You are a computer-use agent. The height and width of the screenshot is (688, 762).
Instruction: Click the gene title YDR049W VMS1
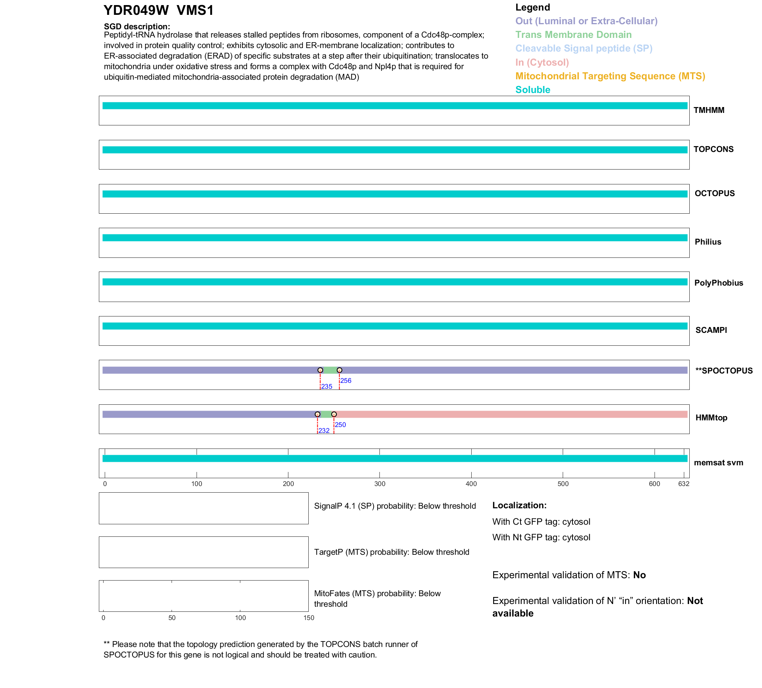[158, 11]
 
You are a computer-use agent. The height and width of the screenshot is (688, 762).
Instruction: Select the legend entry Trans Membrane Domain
[573, 35]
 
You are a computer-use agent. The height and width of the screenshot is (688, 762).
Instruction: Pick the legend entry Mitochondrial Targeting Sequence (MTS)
[610, 76]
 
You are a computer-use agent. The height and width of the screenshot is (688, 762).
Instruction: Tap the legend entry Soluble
[532, 90]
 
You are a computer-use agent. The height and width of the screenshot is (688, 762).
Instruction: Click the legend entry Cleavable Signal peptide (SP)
[583, 48]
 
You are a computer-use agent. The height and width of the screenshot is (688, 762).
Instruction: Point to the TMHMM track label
[708, 110]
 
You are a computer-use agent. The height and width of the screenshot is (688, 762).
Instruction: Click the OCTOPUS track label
[714, 193]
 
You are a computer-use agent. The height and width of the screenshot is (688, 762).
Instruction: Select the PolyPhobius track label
[718, 283]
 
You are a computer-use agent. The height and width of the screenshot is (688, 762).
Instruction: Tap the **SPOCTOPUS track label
[724, 371]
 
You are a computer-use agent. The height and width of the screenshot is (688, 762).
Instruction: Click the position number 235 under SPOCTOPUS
[327, 386]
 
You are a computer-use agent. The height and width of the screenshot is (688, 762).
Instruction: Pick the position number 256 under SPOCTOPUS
[346, 381]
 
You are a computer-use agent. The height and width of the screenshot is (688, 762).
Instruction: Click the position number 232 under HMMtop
[324, 431]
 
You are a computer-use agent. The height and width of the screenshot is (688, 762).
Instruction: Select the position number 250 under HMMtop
[340, 425]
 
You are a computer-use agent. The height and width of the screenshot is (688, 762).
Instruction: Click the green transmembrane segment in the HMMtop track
[326, 414]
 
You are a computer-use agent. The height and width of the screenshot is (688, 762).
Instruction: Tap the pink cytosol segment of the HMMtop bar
[508, 414]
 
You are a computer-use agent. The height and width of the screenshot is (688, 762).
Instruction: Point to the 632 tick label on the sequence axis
[683, 484]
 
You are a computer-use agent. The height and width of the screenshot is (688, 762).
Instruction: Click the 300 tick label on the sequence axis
[379, 484]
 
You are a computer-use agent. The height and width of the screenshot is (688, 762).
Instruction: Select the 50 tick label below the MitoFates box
[172, 618]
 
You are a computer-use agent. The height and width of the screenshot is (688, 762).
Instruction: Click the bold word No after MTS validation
[639, 575]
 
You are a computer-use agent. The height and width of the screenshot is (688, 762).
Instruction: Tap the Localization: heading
[519, 505]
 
